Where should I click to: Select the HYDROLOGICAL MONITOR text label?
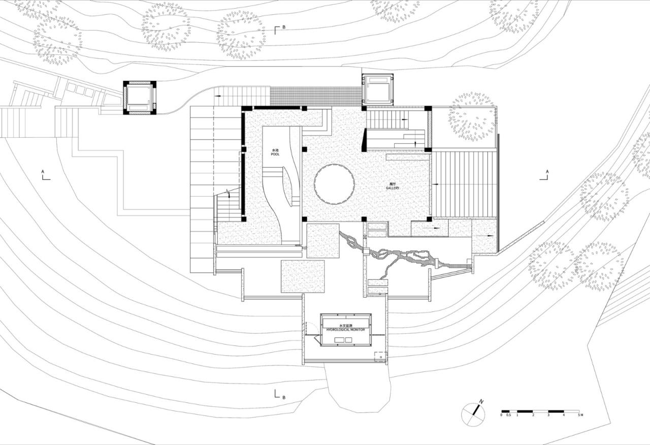click(x=345, y=329)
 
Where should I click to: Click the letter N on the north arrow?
click(x=481, y=402)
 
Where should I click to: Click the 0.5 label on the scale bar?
click(x=508, y=416)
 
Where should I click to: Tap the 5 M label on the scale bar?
click(x=580, y=416)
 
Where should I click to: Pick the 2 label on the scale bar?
click(x=533, y=416)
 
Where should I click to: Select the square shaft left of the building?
click(x=140, y=98)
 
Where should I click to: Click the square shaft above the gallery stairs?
click(x=377, y=89)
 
